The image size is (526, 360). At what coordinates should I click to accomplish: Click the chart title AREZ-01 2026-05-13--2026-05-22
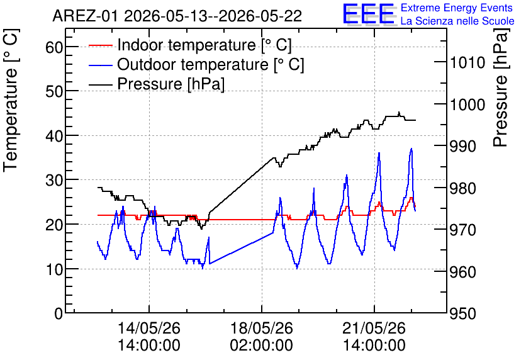[x=177, y=16]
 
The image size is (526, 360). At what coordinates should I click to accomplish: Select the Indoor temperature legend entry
[x=190, y=45]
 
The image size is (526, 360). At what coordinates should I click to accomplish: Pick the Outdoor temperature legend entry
[x=196, y=64]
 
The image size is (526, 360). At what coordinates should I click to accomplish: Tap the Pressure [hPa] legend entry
[x=157, y=84]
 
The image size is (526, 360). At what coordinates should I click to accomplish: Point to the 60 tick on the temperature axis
[x=54, y=47]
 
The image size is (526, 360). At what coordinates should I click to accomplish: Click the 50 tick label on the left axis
[x=54, y=91]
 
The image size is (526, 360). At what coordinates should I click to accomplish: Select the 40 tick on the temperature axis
[x=54, y=135]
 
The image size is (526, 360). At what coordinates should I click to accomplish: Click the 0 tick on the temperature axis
[x=59, y=313]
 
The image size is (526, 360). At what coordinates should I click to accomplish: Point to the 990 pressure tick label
[x=462, y=146]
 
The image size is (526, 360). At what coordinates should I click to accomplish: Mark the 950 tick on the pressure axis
[x=462, y=313]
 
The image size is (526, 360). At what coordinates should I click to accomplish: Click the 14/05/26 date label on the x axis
[x=149, y=328]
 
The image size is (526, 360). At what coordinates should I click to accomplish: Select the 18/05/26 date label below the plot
[x=261, y=328]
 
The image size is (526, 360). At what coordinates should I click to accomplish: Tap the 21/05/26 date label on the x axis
[x=374, y=328]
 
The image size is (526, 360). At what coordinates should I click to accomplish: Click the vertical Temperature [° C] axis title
[x=11, y=101]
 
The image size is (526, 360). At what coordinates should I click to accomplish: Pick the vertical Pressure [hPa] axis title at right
[x=501, y=87]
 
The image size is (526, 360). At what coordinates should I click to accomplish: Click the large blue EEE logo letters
[x=369, y=14]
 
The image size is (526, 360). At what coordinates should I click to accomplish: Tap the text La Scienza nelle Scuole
[x=457, y=21]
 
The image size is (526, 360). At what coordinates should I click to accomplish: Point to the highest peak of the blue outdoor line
[x=411, y=149]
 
